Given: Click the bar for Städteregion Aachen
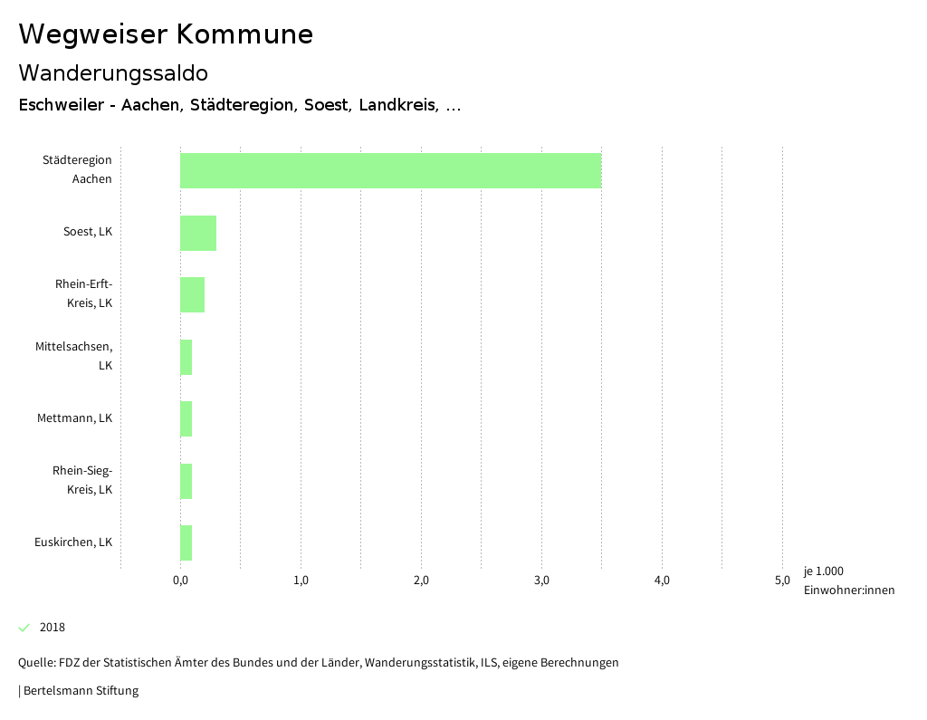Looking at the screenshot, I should coord(390,170).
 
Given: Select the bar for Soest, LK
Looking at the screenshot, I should coord(198,233).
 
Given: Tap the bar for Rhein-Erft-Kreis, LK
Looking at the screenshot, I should coord(192,294).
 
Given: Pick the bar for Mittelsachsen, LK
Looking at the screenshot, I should coord(186,357).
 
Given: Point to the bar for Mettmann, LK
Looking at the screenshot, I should coord(186,418).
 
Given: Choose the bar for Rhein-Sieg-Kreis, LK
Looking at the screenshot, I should coord(186,481).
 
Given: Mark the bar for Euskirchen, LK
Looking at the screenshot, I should coord(186,542).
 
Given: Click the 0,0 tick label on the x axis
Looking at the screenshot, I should coord(180,581).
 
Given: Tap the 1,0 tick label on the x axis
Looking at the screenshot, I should coord(301,581).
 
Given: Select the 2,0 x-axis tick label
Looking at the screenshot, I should coord(421,581).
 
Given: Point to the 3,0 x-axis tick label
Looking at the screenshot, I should coord(541,581).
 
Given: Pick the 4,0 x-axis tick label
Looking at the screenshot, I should coord(662,581).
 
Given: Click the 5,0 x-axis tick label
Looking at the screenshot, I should coord(782,581).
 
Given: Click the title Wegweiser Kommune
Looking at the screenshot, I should coord(166,34).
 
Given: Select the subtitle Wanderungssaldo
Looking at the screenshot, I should coord(113,72).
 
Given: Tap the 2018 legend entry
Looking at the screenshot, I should coord(53,628).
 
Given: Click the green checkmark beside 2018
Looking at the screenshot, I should coord(24,628).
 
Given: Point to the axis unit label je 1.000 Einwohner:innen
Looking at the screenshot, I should coord(848,581).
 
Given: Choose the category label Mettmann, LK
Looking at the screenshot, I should coord(74,418).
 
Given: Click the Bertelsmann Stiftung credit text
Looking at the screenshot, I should coord(80,690).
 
